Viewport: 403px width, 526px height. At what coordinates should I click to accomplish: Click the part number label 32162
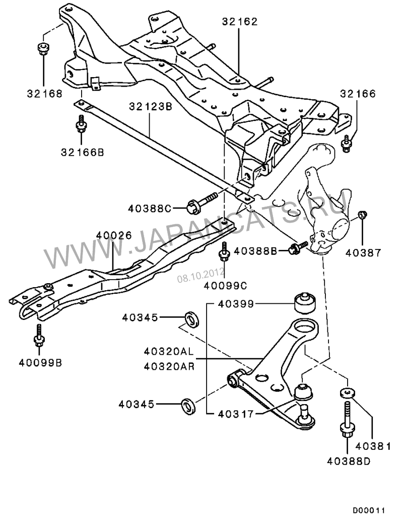pyautogui.click(x=240, y=22)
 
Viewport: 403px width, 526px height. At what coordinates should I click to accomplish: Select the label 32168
pyautogui.click(x=45, y=93)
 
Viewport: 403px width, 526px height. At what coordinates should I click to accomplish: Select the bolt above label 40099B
pyautogui.click(x=39, y=334)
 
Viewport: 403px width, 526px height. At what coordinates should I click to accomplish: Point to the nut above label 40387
pyautogui.click(x=362, y=216)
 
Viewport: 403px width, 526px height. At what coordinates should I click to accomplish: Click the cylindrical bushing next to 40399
pyautogui.click(x=304, y=302)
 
